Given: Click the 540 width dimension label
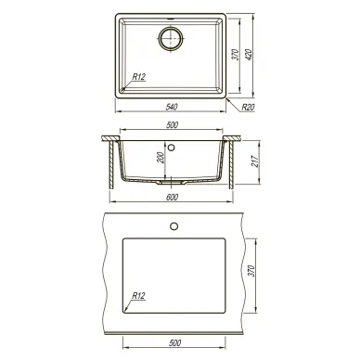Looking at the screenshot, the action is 172,107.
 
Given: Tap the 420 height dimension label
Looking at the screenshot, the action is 250,55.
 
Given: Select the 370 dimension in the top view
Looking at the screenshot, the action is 236,55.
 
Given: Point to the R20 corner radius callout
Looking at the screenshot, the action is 248,108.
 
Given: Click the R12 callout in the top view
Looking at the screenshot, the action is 139,77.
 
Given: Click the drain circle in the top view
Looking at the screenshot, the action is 171,38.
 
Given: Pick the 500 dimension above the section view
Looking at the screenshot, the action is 173,125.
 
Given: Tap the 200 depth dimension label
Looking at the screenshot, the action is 161,158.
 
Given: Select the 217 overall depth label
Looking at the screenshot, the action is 255,161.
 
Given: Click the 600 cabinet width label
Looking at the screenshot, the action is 173,198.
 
